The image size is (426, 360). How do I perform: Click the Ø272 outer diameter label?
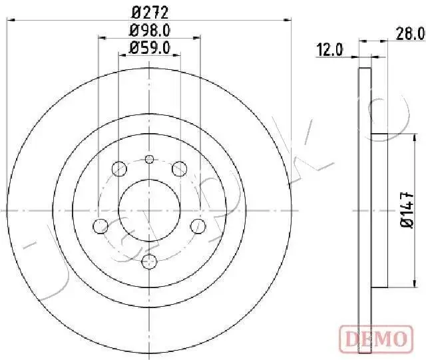tap(149, 11)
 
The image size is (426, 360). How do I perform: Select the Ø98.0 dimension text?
tap(149, 30)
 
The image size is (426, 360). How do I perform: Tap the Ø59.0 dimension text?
tap(150, 47)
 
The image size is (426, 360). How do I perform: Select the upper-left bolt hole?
tap(119, 169)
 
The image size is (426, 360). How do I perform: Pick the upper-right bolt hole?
tap(178, 169)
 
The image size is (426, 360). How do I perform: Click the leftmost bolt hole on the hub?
tap(100, 226)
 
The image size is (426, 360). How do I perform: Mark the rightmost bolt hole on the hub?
tap(198, 226)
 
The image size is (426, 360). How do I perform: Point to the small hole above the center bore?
tap(149, 158)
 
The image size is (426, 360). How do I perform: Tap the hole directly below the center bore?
tap(149, 260)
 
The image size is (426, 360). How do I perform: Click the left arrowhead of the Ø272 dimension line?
tap(9, 21)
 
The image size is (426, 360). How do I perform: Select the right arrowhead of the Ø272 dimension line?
tap(289, 21)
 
